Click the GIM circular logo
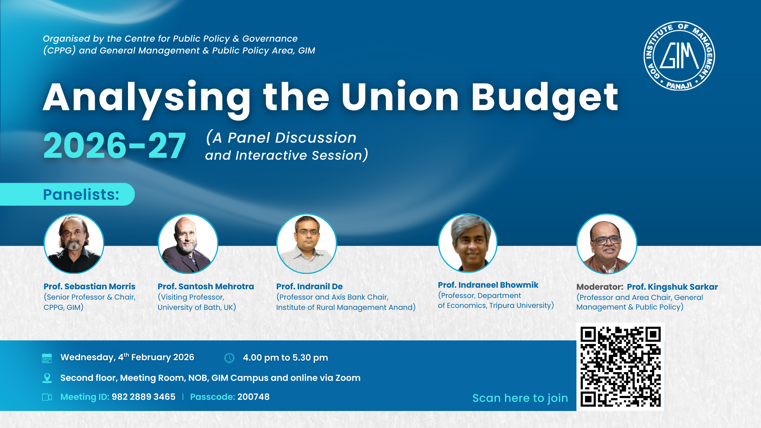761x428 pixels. [x=679, y=56]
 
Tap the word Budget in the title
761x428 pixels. [x=545, y=97]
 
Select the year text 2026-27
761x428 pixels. [x=114, y=146]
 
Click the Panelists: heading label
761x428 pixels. [x=81, y=195]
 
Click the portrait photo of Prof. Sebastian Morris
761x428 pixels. [x=74, y=244]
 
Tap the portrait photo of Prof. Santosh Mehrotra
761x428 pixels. [x=188, y=244]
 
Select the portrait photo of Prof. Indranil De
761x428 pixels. [x=306, y=244]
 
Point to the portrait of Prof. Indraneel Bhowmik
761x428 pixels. [x=468, y=243]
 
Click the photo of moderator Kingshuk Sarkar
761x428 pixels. [x=606, y=244]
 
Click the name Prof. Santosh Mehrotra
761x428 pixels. [x=206, y=287]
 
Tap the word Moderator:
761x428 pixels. [x=600, y=287]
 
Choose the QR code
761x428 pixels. [x=620, y=367]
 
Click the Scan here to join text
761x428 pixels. [x=520, y=398]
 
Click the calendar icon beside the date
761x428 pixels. [x=47, y=358]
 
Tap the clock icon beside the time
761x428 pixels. [x=229, y=358]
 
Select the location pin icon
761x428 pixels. [x=47, y=378]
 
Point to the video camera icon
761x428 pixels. [x=47, y=397]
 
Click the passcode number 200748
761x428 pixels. [x=253, y=397]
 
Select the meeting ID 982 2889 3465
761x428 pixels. [x=143, y=397]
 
